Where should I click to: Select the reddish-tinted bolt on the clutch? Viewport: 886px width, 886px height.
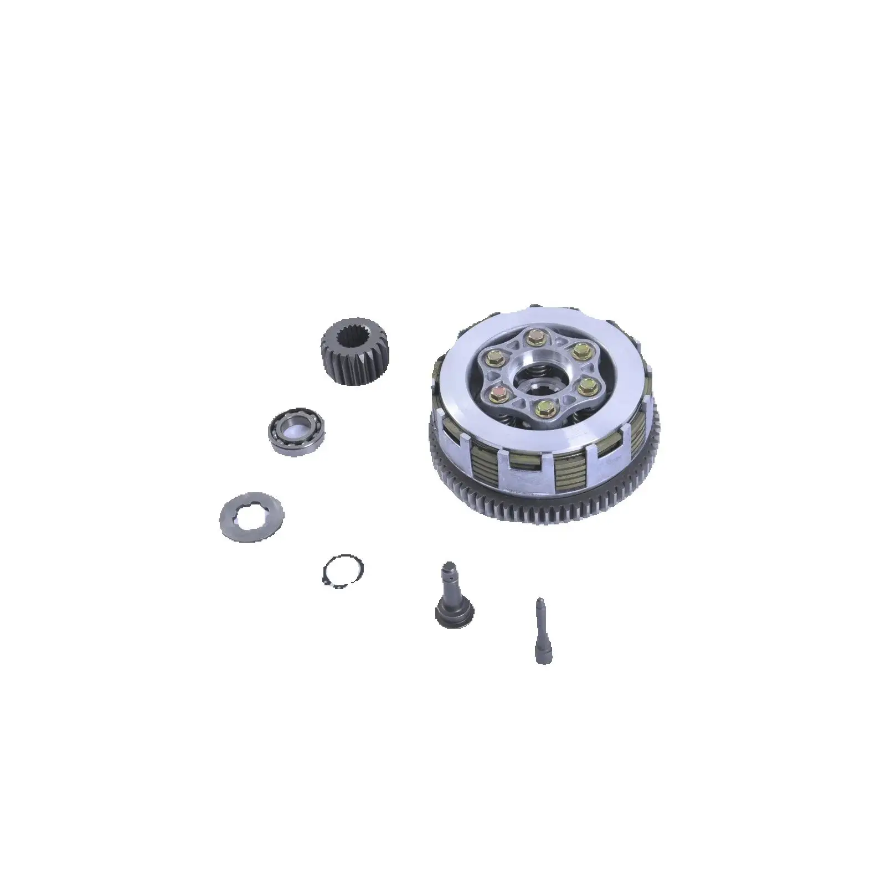coord(497,394)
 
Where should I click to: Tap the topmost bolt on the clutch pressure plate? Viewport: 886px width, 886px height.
coord(535,337)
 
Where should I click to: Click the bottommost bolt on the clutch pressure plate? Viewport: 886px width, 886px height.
coord(540,410)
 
